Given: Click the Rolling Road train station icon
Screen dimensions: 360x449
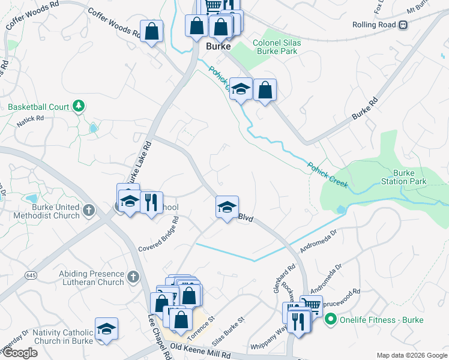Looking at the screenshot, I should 403,25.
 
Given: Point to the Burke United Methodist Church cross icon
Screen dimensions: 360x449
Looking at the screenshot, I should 89,210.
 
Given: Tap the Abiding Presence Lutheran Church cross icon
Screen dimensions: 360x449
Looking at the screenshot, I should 133,277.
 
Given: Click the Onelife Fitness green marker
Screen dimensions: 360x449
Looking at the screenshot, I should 330,320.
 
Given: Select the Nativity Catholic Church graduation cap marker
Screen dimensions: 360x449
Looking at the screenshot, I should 106,329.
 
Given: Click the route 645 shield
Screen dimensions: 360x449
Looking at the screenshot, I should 31,275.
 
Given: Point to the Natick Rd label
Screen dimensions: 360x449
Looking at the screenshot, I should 31,119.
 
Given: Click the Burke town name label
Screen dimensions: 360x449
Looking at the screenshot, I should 218,46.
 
